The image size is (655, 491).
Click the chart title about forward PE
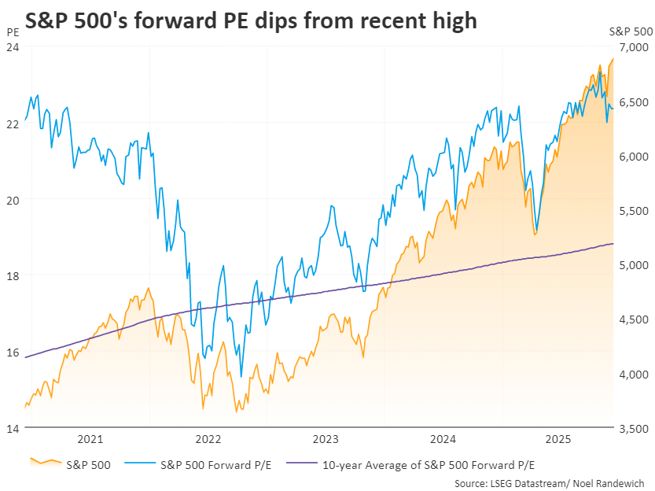point(251,20)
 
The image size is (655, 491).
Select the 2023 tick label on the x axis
point(326,439)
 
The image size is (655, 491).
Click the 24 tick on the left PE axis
point(12,47)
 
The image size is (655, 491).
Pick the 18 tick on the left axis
point(12,276)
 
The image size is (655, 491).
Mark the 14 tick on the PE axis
point(12,429)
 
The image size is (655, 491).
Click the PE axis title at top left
point(12,32)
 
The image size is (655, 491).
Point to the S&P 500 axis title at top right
point(631,32)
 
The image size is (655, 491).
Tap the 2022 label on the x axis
point(208,439)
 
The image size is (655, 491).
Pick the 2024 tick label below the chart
point(443,439)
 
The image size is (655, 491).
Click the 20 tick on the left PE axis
point(12,200)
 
